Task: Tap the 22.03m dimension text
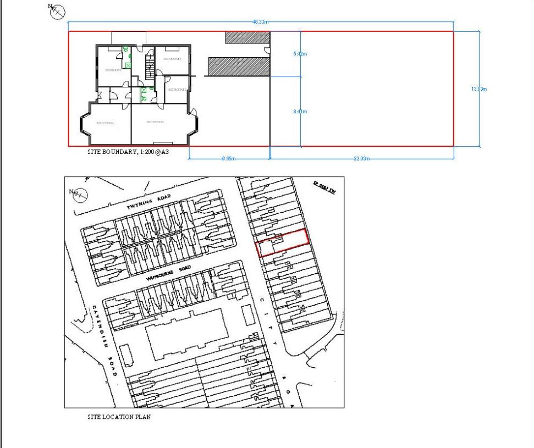361,159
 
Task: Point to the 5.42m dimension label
300,53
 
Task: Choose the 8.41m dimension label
300,112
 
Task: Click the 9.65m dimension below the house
229,159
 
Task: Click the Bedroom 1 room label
172,58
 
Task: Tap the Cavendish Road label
104,340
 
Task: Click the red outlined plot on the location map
283,242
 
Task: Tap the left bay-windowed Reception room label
104,123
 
